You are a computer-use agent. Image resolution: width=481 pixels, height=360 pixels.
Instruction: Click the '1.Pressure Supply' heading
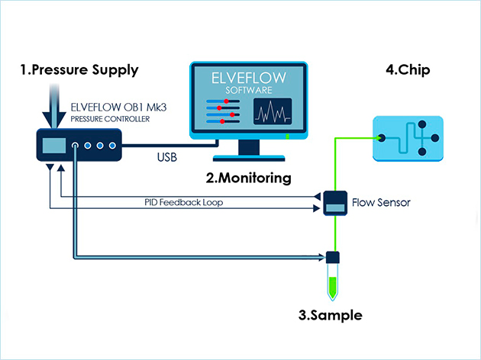[79, 70]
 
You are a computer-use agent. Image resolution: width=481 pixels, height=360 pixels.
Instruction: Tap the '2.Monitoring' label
[248, 179]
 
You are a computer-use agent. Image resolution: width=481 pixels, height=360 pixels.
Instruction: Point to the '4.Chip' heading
[408, 70]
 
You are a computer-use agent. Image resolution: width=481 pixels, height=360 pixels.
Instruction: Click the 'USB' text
[168, 158]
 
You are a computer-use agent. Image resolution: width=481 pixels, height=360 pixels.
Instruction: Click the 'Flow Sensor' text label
[381, 203]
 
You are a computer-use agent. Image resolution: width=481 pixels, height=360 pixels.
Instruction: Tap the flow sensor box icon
[334, 203]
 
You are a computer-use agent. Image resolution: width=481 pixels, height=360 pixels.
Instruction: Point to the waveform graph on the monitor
[272, 114]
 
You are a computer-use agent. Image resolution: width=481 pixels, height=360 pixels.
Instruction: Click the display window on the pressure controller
[53, 145]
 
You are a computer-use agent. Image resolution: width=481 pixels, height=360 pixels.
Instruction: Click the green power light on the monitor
[288, 137]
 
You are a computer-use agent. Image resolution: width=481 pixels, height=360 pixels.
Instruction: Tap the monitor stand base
[249, 159]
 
